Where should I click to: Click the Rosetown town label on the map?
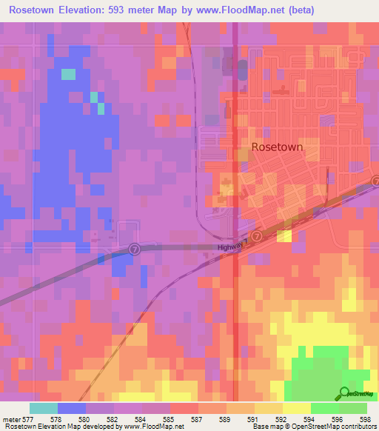(x=277, y=147)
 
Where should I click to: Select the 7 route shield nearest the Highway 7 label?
(x=256, y=235)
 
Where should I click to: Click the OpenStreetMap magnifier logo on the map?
(x=345, y=392)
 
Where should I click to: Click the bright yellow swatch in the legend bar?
(x=297, y=408)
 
